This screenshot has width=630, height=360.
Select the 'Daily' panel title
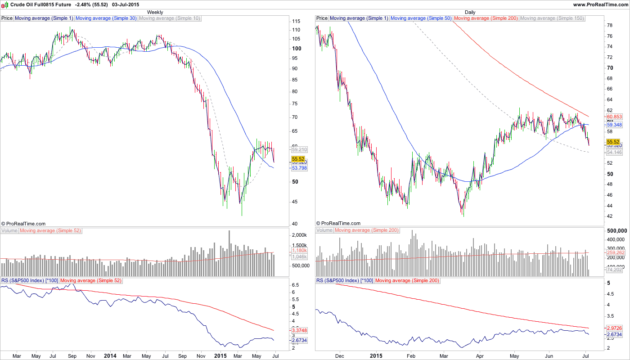click(x=470, y=12)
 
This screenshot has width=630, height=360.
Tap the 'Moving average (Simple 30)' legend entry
click(x=106, y=18)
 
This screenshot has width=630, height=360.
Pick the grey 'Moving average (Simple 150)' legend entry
click(x=552, y=18)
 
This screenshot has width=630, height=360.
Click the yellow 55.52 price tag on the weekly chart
click(x=298, y=159)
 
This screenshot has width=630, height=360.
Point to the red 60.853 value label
click(x=614, y=117)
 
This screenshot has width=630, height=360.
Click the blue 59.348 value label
click(x=614, y=125)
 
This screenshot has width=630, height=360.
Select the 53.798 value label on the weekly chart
click(x=299, y=168)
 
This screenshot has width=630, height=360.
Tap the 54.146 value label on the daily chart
click(x=614, y=153)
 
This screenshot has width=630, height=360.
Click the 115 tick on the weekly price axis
click(x=296, y=22)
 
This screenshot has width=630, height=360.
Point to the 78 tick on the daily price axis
click(x=610, y=25)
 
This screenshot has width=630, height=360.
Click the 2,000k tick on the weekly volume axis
click(x=299, y=235)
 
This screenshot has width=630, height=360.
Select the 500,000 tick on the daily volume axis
click(x=616, y=230)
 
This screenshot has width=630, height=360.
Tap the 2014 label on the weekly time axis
click(x=110, y=355)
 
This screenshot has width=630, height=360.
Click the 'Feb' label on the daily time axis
click(x=410, y=355)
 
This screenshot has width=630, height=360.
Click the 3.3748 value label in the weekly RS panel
click(x=299, y=330)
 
